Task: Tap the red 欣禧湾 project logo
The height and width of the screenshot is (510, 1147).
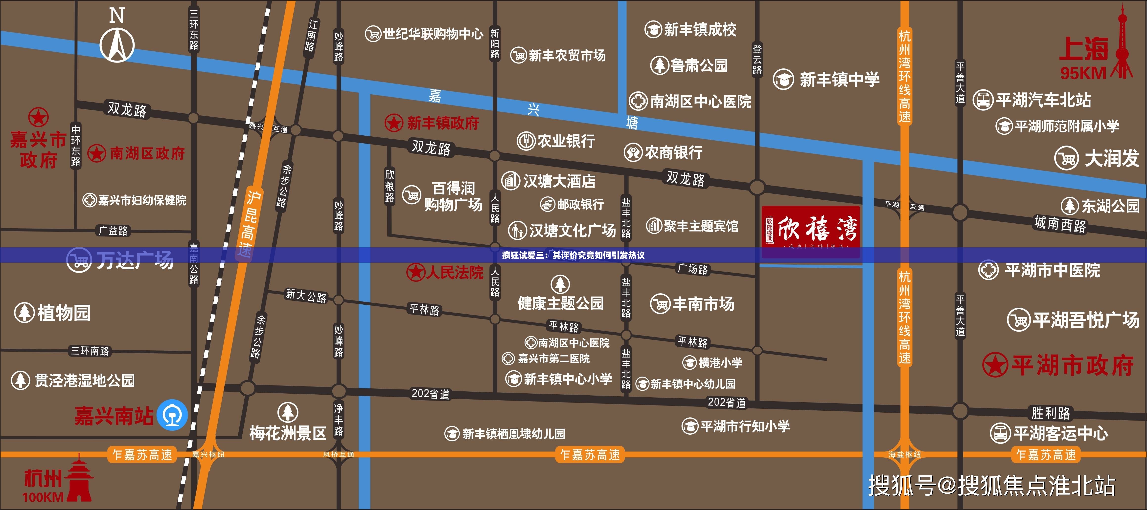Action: coord(810,231)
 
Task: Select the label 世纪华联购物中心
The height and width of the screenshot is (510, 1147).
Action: coord(433,33)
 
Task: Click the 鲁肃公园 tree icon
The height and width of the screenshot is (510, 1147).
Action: coord(659,65)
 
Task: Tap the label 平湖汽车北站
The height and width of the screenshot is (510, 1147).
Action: coord(1043,100)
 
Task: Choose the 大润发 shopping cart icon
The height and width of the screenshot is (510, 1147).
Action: coord(1067,158)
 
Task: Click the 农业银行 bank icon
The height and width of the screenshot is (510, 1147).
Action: coord(526,141)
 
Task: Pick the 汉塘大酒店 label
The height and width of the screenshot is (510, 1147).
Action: coord(559,181)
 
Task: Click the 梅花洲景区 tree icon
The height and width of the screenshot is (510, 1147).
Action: coord(288,412)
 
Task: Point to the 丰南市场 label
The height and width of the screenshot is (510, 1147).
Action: coord(703,304)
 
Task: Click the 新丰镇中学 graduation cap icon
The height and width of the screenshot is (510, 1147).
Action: coord(783,80)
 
